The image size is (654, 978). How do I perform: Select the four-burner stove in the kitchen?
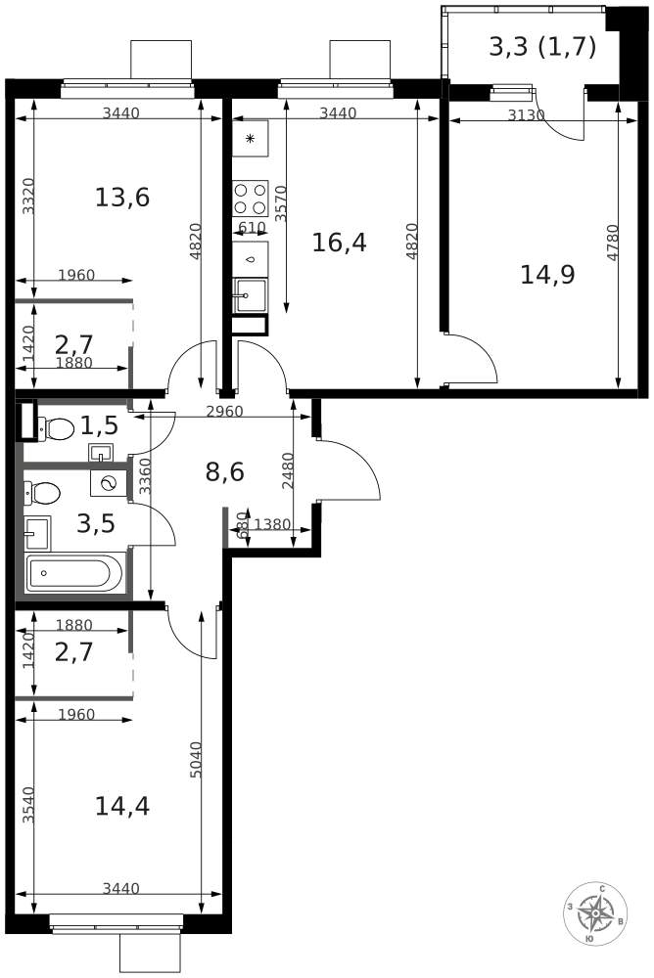tap(251, 199)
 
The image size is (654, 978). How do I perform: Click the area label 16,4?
tap(339, 242)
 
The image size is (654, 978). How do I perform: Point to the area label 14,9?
tap(547, 275)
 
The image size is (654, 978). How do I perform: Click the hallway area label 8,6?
tap(225, 472)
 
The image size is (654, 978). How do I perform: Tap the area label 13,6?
tap(121, 198)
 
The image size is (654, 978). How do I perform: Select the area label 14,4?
tap(121, 806)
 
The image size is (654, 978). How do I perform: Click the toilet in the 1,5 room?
tap(56, 429)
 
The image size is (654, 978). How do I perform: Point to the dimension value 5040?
tap(196, 759)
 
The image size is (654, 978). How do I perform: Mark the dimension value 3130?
tap(526, 115)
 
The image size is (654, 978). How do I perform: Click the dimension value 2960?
tap(224, 413)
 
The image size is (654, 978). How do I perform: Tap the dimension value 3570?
tap(281, 203)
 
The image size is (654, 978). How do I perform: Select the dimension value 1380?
tap(273, 524)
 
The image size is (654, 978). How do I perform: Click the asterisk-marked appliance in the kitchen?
tap(251, 139)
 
